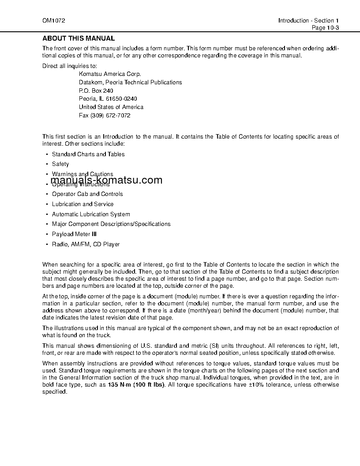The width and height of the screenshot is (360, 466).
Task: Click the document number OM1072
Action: tap(51, 21)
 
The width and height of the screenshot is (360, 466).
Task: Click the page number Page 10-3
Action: tap(325, 27)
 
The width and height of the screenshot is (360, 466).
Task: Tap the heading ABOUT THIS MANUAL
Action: tap(79, 38)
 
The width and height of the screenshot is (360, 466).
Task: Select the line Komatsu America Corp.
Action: tap(110, 74)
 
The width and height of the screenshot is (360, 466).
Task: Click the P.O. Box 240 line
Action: tap(96, 90)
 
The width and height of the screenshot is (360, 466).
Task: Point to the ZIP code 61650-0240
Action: tap(118, 99)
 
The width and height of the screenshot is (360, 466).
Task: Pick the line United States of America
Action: tap(111, 107)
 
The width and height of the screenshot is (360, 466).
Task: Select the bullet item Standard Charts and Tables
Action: tap(88, 154)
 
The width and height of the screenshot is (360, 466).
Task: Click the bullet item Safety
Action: tap(60, 164)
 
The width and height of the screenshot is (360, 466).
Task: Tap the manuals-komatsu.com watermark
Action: tap(106, 180)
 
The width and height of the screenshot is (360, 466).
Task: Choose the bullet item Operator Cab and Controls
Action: tap(87, 194)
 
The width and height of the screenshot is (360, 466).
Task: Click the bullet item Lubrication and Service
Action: tap(82, 204)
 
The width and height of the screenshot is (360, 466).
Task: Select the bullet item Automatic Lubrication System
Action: tap(91, 214)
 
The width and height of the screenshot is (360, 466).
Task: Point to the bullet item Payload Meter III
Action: tap(74, 234)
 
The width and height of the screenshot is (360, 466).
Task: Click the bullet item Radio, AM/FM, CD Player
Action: tap(86, 244)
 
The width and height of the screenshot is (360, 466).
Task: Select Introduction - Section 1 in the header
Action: tap(308, 21)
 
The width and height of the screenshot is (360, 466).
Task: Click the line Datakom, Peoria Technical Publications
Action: tap(130, 82)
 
